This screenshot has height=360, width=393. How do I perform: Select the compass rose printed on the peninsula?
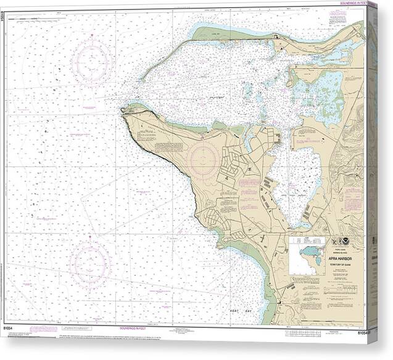click(x=202, y=158)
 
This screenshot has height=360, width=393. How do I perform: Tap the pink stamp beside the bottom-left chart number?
click(x=43, y=329)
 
